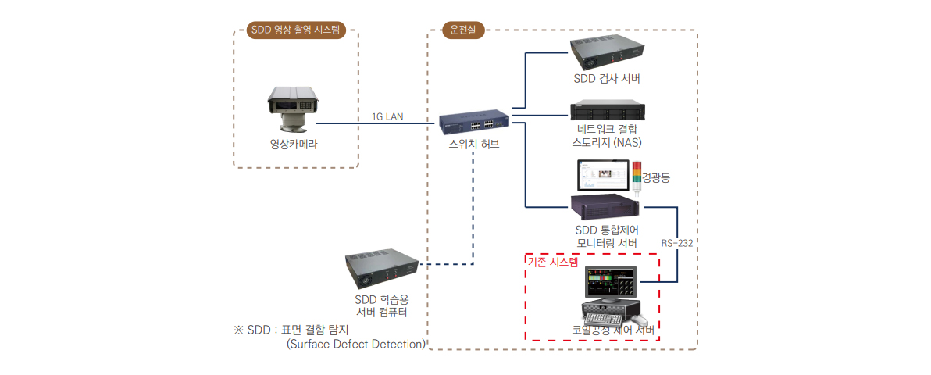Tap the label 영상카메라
click(x=294, y=144)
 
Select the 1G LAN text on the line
click(x=387, y=116)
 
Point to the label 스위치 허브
click(x=473, y=145)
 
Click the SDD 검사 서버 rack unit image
click(x=608, y=53)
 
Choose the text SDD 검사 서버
click(x=608, y=78)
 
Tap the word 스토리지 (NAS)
click(x=608, y=142)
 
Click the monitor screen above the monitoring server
click(x=602, y=176)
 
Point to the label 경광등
click(x=655, y=177)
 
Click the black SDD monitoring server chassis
click(x=605, y=208)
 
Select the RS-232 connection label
click(x=677, y=243)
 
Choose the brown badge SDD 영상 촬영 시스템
click(x=296, y=30)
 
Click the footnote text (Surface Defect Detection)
click(x=355, y=344)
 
